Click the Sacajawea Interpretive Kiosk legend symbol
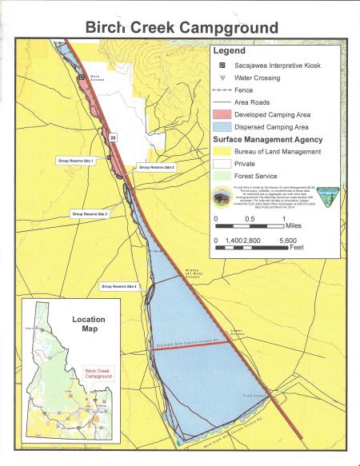point(222,63)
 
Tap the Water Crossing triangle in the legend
point(222,78)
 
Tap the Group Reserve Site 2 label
point(157,167)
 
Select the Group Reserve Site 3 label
point(90,214)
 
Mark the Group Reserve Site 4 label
point(119,285)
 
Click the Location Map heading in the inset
point(89,324)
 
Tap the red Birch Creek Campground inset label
point(99,375)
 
